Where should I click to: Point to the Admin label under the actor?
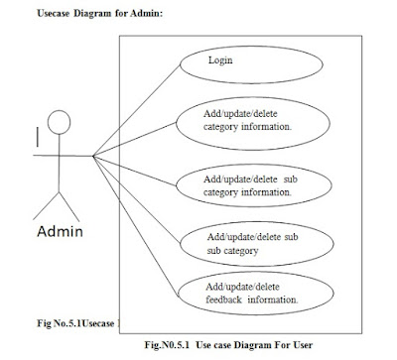coord(59,233)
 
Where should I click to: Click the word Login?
coord(220,60)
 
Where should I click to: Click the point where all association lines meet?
coord(92,156)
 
